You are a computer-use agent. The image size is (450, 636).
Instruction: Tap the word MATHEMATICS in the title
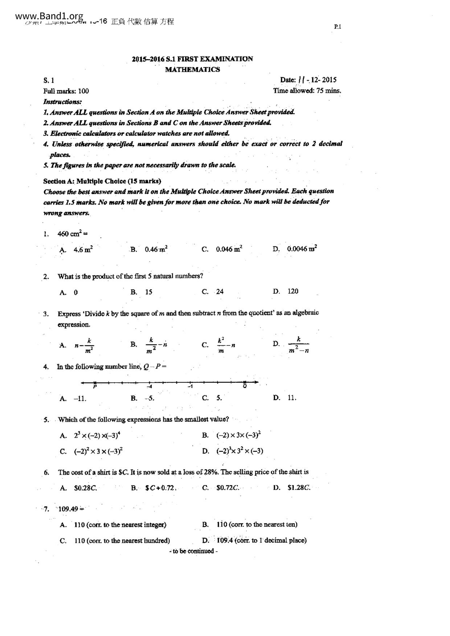192,70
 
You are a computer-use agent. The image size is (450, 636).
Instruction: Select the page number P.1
337,26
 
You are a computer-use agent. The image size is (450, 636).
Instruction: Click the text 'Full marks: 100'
66,91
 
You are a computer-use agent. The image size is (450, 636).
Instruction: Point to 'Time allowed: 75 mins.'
307,91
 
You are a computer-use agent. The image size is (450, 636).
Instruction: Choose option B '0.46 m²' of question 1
156,249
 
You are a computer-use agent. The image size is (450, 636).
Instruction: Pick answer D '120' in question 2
292,291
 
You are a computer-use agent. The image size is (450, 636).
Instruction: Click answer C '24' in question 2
220,292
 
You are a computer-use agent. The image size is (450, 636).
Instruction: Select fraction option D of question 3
298,344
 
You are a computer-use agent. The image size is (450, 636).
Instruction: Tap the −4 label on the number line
149,387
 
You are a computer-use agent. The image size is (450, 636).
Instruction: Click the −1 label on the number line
190,387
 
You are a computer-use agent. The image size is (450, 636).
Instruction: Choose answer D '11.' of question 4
292,398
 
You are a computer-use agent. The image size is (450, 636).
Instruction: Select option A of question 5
97,435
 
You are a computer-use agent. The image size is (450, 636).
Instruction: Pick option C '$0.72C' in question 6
228,488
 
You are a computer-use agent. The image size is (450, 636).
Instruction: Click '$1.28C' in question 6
299,488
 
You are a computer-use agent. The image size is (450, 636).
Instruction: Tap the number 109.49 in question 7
68,509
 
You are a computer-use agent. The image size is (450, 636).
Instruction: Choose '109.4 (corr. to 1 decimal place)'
261,540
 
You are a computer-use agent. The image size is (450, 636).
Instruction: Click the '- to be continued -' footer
193,551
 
